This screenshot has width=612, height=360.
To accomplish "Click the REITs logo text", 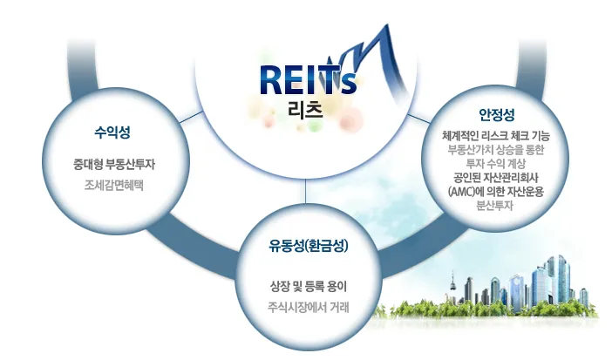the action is (x=308, y=80).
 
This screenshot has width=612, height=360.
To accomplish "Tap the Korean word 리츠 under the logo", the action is (x=306, y=110).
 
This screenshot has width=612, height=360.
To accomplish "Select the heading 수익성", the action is (x=112, y=132).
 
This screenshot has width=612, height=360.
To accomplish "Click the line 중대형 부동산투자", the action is (x=114, y=164).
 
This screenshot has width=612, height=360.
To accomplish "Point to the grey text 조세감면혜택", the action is (x=114, y=185).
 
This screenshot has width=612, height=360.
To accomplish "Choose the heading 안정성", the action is (x=496, y=114).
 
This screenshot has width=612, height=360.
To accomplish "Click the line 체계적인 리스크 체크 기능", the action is (x=496, y=136).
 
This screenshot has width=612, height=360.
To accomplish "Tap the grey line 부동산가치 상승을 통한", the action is (x=496, y=150).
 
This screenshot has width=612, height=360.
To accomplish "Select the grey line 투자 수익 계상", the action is (x=496, y=164).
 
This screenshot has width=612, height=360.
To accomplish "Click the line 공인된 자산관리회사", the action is (x=496, y=178).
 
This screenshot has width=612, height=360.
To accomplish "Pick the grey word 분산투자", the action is (x=494, y=206).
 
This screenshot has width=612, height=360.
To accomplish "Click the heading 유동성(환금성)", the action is (x=309, y=246).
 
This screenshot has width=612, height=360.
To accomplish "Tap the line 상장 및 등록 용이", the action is (x=309, y=287).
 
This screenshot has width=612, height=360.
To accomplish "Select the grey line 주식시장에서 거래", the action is (x=309, y=308).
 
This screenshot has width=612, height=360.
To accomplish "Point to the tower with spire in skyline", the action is (x=453, y=285).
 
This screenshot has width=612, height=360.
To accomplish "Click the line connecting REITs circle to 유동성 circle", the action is (x=306, y=194).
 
